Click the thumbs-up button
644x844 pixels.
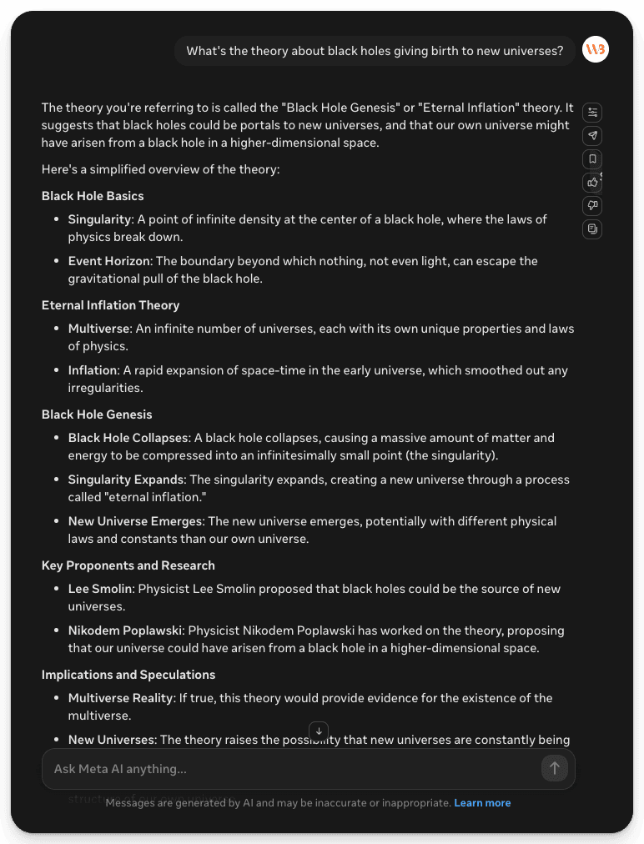592,182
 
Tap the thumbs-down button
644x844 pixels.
592,205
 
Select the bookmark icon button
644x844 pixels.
592,158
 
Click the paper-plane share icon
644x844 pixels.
592,135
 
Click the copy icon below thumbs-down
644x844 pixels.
592,229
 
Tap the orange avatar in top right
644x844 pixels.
596,50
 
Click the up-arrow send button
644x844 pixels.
554,768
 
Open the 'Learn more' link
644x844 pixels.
482,803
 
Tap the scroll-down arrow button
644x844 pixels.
319,731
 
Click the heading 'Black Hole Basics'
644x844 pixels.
93,196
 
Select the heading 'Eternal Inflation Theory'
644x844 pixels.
110,305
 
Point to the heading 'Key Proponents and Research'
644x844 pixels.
128,565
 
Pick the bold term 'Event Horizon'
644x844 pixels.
109,261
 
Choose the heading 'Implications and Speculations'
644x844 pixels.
128,675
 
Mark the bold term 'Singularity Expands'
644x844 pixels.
126,480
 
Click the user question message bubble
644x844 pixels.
375,51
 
